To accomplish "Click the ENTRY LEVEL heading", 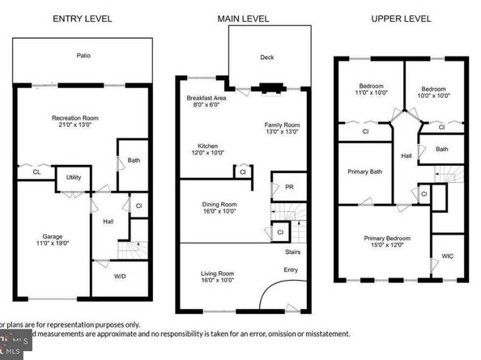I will [x=82, y=18].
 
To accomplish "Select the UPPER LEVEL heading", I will [x=401, y=18].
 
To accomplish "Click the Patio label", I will [x=84, y=56].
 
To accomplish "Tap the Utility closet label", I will [x=74, y=176].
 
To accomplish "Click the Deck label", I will [x=267, y=57].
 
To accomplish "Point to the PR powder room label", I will [x=289, y=187].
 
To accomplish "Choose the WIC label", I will [x=448, y=256].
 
